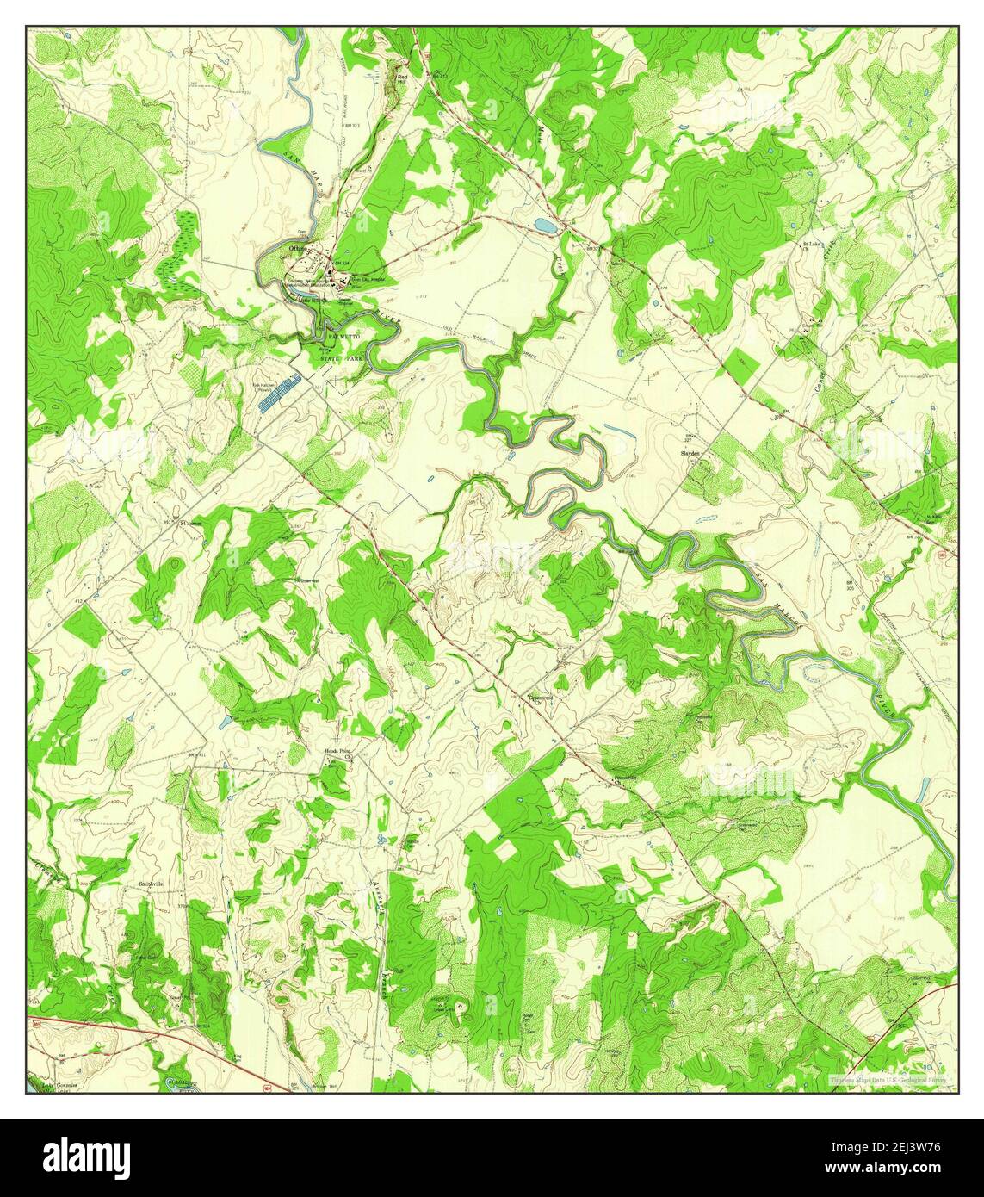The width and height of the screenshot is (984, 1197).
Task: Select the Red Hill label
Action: [x=402, y=78]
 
